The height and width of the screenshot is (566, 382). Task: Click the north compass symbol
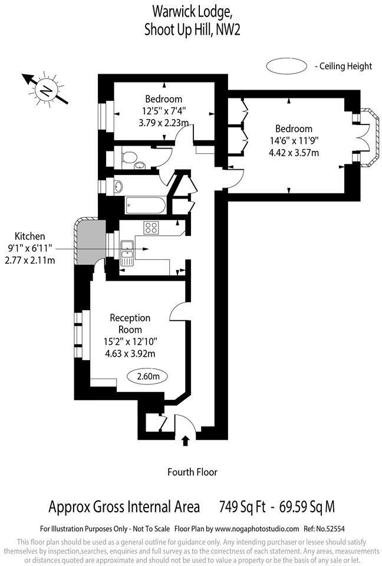click(45, 90)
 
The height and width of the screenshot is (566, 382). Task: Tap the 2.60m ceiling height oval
click(147, 376)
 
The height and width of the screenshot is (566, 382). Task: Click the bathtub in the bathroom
click(146, 206)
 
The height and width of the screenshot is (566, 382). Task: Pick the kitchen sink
click(127, 251)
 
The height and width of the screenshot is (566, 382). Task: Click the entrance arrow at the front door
click(186, 440)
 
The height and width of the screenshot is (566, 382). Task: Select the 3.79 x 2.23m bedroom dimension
click(163, 123)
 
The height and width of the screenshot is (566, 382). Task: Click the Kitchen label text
click(29, 236)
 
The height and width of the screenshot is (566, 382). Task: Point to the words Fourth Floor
click(192, 472)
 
